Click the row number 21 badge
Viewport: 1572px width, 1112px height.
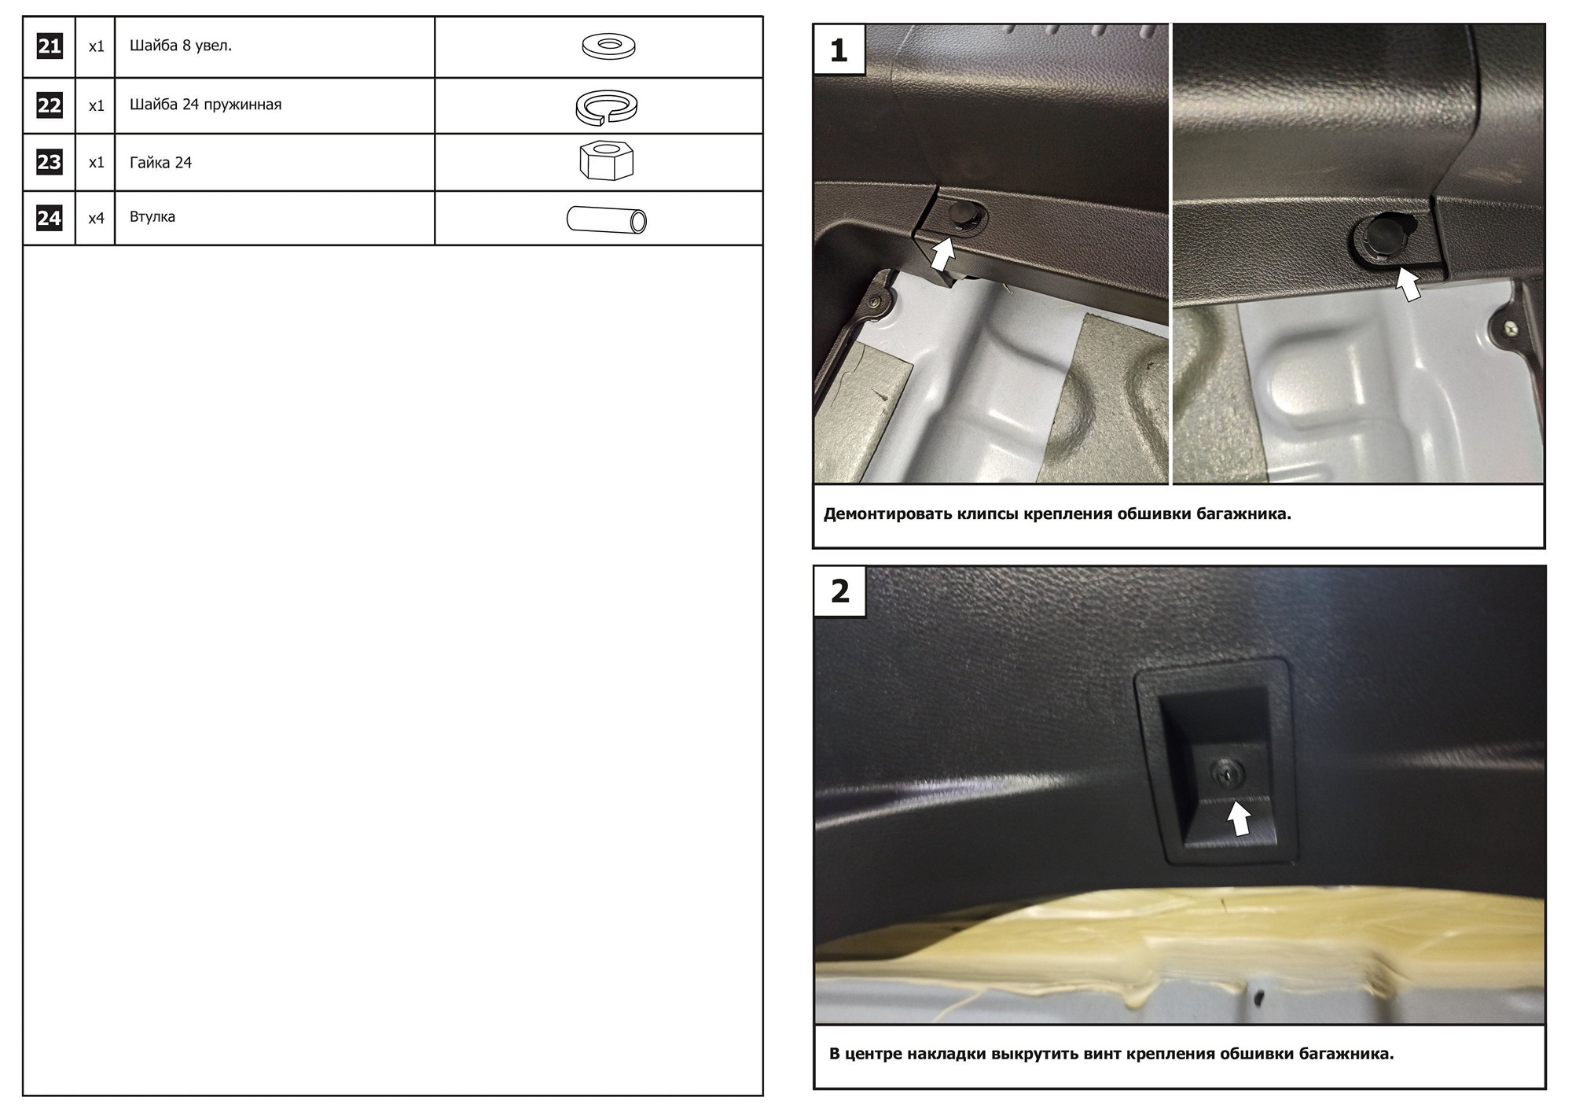click(x=50, y=46)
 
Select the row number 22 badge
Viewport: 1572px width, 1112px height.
click(x=50, y=105)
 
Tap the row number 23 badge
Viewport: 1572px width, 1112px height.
click(x=50, y=162)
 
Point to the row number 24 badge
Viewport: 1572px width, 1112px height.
click(x=50, y=218)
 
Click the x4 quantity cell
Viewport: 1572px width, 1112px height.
click(x=96, y=219)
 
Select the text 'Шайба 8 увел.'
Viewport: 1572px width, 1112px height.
click(x=181, y=46)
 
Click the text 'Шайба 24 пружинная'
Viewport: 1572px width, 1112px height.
click(x=205, y=105)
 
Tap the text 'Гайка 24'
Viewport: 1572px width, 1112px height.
click(x=160, y=163)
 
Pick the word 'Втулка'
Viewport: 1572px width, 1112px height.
click(x=152, y=216)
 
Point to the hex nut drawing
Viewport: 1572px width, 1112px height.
click(x=606, y=161)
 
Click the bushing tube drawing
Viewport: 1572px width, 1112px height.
click(x=606, y=219)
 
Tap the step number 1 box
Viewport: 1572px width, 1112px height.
click(x=839, y=50)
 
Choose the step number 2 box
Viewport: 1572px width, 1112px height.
click(x=839, y=591)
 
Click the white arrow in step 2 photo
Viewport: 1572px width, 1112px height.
click(x=1240, y=818)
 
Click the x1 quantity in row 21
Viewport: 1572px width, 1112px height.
click(x=96, y=47)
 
